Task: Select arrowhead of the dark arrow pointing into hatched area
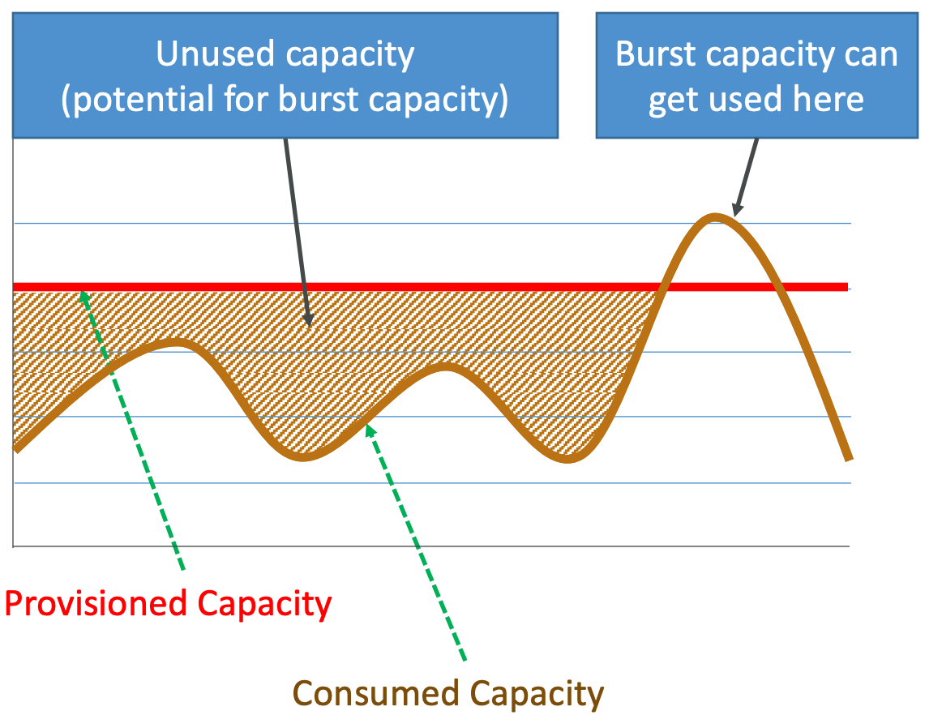(x=307, y=322)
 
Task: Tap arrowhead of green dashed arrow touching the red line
(x=82, y=294)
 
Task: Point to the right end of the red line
(x=847, y=286)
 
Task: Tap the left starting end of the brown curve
(x=16, y=448)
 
